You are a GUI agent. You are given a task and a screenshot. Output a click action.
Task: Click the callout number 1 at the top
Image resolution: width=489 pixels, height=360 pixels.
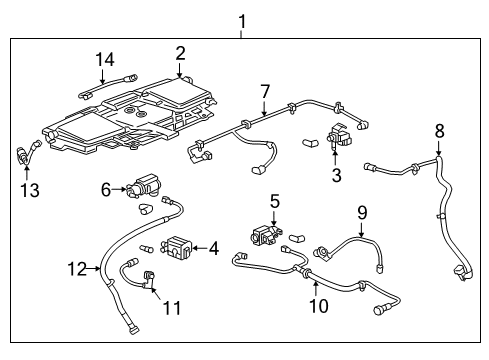[240, 19]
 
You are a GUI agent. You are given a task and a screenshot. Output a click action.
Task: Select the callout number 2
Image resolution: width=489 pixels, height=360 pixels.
[180, 53]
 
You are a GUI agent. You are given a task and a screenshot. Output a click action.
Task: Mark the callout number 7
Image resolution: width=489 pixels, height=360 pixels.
[264, 92]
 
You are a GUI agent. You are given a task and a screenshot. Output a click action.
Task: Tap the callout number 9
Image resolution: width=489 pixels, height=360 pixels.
[362, 212]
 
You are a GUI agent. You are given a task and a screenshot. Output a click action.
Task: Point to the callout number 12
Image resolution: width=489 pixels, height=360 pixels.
[84, 268]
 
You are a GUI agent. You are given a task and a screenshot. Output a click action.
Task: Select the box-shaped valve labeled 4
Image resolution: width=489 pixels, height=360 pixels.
[181, 247]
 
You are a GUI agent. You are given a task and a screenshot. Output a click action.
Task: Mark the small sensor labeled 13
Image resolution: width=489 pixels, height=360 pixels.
[24, 152]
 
